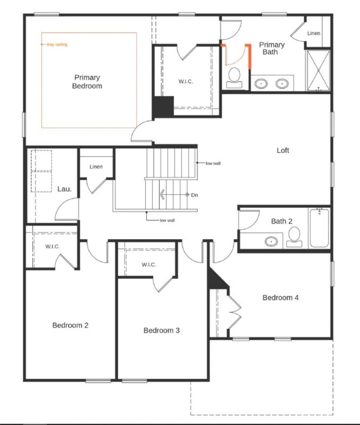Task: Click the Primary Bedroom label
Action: [x=87, y=82]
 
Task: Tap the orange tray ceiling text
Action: [x=57, y=45]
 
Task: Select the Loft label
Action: [x=283, y=150]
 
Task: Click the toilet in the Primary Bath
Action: [x=233, y=78]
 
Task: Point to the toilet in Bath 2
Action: [x=294, y=237]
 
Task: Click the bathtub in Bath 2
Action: [x=319, y=228]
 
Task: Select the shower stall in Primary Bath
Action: [x=318, y=70]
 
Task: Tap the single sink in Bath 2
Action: [x=271, y=242]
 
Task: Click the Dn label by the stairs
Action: [x=195, y=195]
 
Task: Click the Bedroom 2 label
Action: [x=70, y=325]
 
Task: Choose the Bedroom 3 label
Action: [x=162, y=330]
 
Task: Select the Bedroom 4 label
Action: [x=280, y=297]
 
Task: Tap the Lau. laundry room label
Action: [x=64, y=189]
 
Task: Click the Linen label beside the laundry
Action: [x=96, y=167]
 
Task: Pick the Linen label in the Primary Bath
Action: [x=314, y=33]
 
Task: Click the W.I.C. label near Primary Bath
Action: [x=186, y=81]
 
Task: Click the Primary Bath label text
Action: [x=272, y=48]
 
